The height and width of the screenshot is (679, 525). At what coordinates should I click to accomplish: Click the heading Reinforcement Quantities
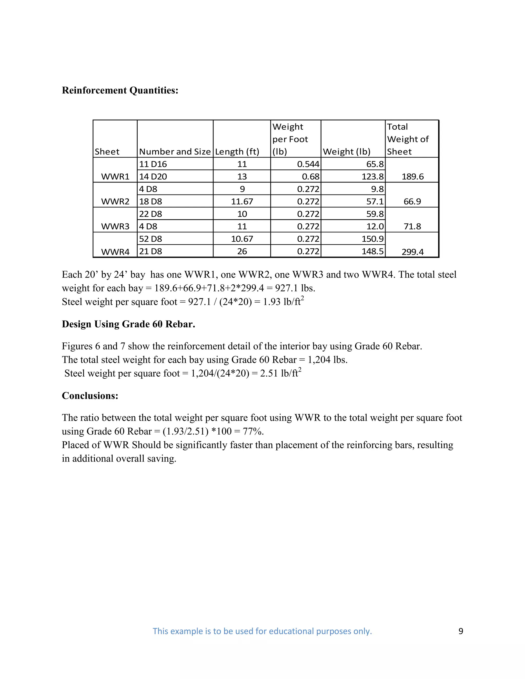[x=120, y=90]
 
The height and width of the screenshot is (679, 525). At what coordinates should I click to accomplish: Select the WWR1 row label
[x=115, y=177]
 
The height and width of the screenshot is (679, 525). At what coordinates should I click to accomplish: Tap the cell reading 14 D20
[x=153, y=177]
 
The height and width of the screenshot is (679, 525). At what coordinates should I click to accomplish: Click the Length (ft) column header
[x=237, y=152]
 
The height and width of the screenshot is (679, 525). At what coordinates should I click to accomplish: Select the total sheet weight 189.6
[x=412, y=177]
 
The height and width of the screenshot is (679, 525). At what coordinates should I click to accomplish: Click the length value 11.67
[x=242, y=201]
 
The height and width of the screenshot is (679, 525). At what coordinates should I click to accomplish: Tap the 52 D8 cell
[x=150, y=239]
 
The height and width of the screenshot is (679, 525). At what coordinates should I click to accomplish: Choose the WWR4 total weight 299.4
[x=412, y=252]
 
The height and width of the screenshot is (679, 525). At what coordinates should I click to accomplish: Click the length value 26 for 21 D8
[x=242, y=251]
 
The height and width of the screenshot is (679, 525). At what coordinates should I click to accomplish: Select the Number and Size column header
[x=175, y=152]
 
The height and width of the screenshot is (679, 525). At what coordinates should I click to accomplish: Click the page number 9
[x=461, y=631]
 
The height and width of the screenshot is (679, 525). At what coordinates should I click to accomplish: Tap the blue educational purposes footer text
[x=262, y=631]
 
